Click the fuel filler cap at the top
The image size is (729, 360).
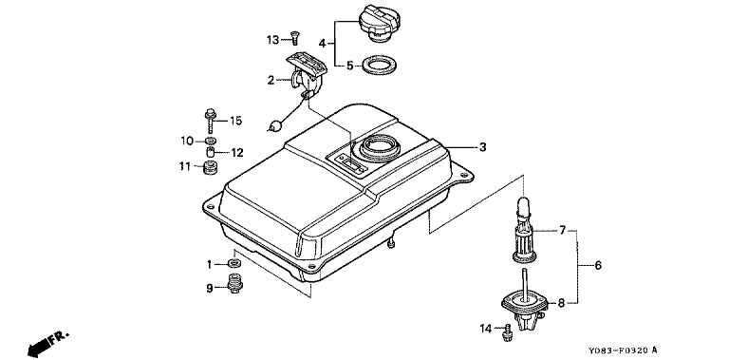tap(380, 23)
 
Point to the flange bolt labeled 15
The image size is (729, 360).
tap(210, 120)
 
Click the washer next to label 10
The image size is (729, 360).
tap(212, 141)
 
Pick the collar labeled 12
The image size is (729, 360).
tap(211, 152)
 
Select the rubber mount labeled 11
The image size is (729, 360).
tap(211, 167)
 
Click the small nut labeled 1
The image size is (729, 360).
tap(234, 264)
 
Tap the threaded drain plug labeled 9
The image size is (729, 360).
tap(234, 283)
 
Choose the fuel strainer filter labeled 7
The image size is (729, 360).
tap(524, 230)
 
